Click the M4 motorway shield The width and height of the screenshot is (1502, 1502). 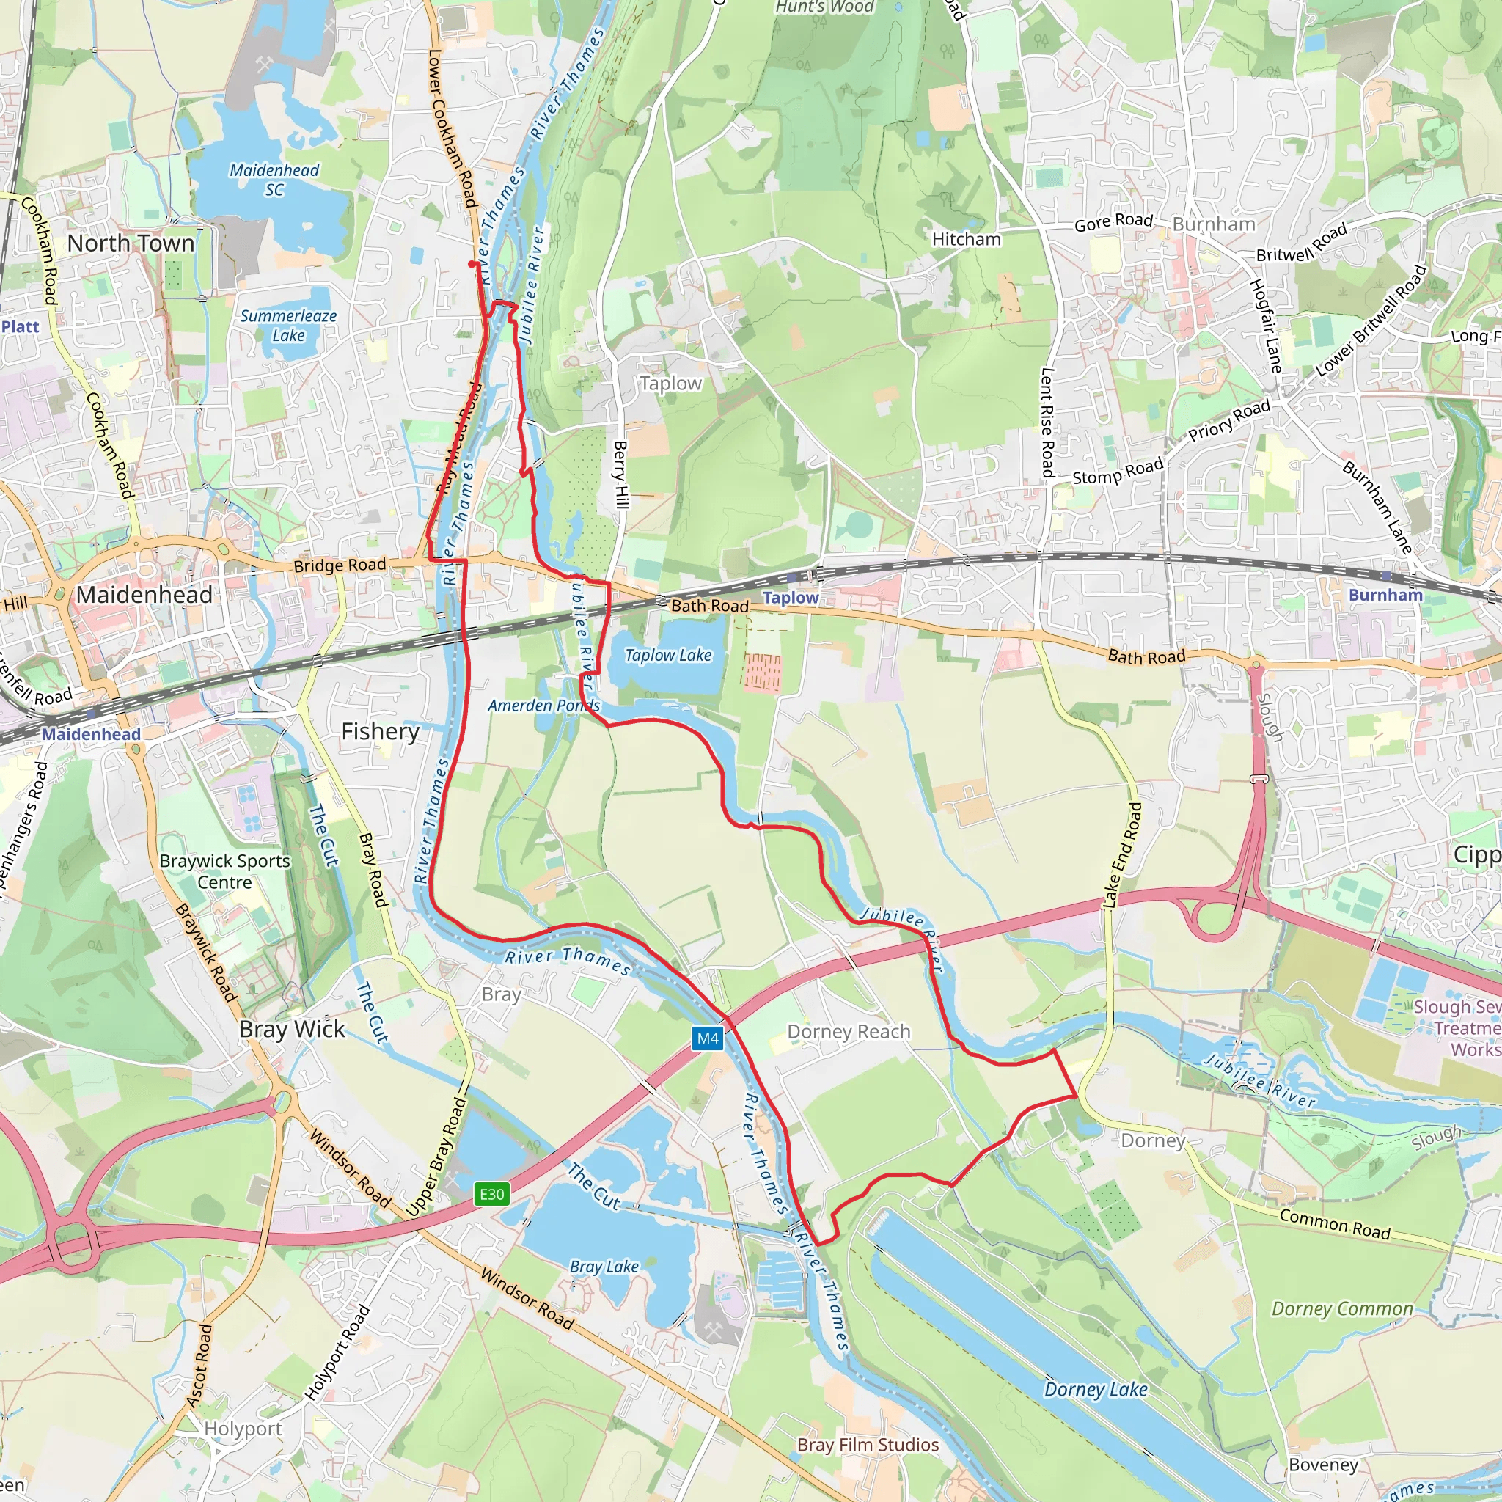[x=708, y=1038]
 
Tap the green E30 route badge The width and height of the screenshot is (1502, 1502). [x=492, y=1194]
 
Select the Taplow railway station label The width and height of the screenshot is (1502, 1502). [x=791, y=598]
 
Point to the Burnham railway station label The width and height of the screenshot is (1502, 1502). [x=1385, y=595]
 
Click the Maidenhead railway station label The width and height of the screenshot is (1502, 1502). [x=91, y=734]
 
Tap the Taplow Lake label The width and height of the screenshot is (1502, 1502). [x=668, y=656]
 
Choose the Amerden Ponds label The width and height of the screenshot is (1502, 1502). [x=543, y=705]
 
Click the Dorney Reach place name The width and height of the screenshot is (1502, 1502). [x=849, y=1032]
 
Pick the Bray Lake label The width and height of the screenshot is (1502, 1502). [x=604, y=1267]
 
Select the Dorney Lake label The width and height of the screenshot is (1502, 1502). [x=1096, y=1389]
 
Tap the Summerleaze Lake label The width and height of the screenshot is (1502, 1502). [x=288, y=326]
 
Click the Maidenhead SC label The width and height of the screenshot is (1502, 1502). [x=274, y=180]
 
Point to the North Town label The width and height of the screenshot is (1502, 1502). [x=131, y=243]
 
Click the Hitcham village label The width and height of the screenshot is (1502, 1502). [x=967, y=239]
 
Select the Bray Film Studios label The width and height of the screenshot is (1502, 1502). [x=868, y=1445]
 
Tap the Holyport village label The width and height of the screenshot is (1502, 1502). [x=243, y=1428]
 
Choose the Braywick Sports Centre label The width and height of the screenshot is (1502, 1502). [x=224, y=871]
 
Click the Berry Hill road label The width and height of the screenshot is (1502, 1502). [x=620, y=475]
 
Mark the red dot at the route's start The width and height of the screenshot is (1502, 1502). [x=472, y=264]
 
